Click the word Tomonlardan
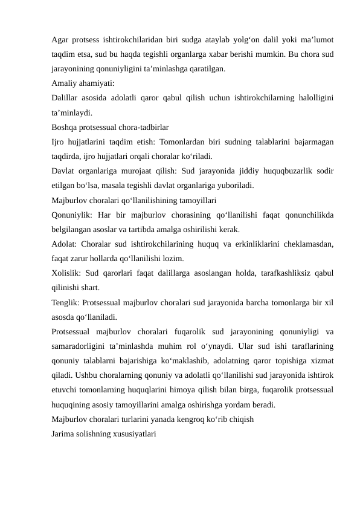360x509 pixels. [x=194, y=142]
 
